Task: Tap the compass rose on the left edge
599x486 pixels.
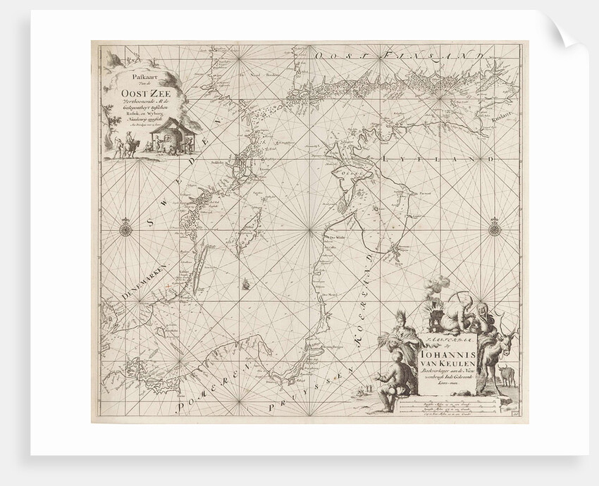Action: [x=125, y=228]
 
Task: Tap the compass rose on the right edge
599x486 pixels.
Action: [x=494, y=228]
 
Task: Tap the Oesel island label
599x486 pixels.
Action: [x=350, y=170]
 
